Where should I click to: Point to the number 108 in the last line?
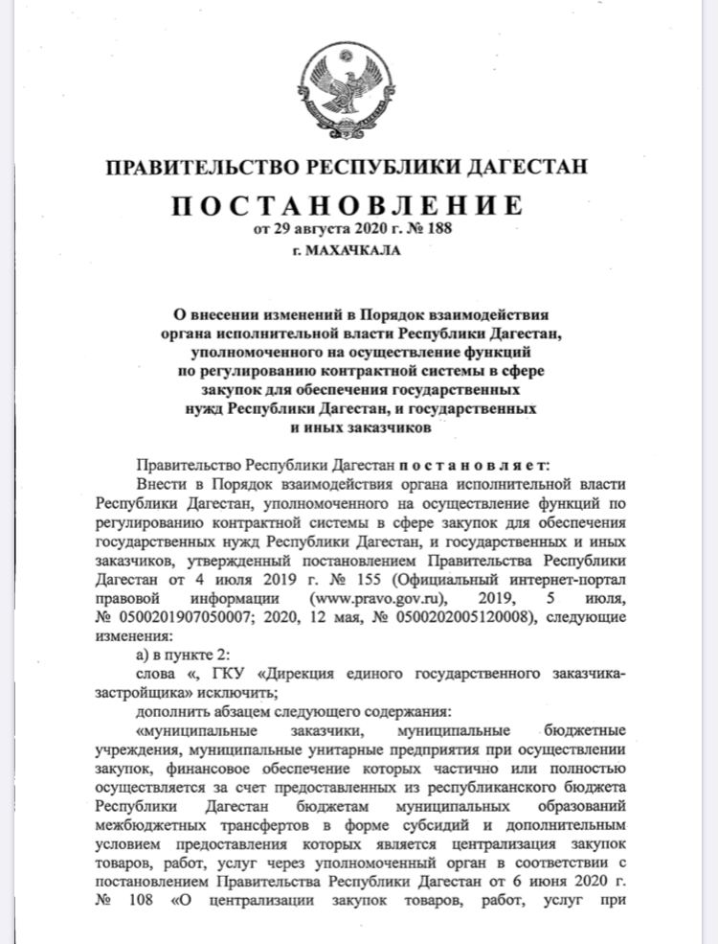click(x=145, y=899)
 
